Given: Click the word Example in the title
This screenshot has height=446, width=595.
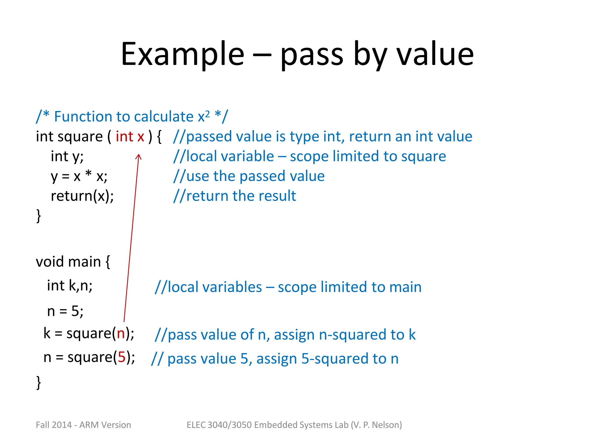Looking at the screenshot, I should coord(182,54).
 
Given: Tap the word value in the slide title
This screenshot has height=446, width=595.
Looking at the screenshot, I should coord(435,54).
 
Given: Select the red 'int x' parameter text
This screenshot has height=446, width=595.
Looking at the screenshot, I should coord(130,136).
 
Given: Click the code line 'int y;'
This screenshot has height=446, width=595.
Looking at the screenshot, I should coord(67,157).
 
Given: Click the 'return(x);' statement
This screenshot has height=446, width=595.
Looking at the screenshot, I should coord(82,196).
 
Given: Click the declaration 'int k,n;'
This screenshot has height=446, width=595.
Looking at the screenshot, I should coord(70,285).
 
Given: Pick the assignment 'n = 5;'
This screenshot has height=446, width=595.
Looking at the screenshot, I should coord(65,311).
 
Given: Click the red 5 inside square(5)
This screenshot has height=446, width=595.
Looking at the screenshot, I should coord(122,357).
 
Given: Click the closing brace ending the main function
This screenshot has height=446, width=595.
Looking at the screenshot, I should coord(38,382).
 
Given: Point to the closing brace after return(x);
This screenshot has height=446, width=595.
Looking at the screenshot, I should coord(38,216).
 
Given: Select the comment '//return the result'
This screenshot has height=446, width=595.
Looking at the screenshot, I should coord(234,196).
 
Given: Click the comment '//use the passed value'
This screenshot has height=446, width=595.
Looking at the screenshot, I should coord(249,176).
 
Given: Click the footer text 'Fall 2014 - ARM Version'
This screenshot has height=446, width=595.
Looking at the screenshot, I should coord(83,425).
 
